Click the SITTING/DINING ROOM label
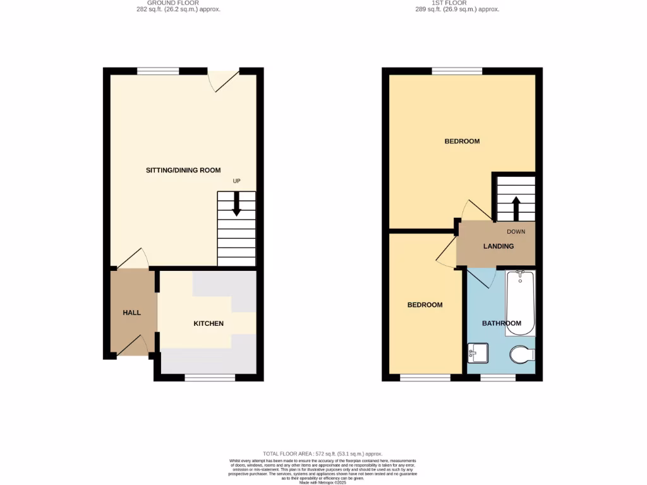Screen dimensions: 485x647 coord(183,171)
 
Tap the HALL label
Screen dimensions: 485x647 coord(131,313)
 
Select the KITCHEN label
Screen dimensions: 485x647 coord(209,323)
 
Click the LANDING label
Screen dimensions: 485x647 coord(499,246)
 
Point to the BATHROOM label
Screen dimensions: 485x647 coord(502,323)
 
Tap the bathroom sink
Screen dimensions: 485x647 coord(478,352)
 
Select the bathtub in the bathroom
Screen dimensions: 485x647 coord(520,303)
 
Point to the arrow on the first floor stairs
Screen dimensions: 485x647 coord(515,207)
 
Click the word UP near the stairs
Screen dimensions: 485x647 coord(237,181)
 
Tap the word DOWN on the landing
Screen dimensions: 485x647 coord(516,232)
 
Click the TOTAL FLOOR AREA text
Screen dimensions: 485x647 coord(323,454)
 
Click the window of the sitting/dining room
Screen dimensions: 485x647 coord(158,71)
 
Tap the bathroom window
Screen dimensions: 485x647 coord(497,378)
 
